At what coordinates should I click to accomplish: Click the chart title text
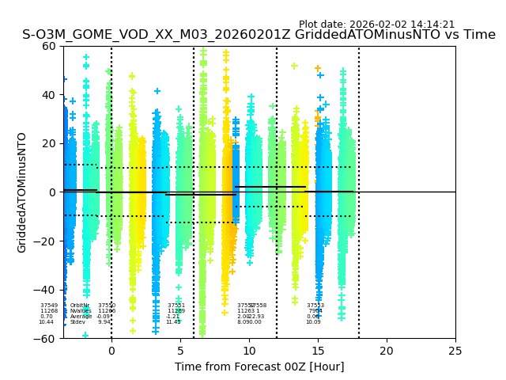[259, 35]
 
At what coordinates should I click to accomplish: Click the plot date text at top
[376, 25]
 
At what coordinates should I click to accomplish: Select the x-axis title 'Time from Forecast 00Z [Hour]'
[259, 367]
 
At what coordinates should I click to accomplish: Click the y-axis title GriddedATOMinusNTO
[22, 192]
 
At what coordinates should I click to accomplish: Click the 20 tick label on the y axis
[49, 143]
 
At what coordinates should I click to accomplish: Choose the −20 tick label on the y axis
[46, 241]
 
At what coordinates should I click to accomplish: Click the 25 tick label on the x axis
[455, 351]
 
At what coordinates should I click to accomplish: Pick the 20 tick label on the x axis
[387, 351]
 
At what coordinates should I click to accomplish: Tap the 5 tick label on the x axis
[180, 351]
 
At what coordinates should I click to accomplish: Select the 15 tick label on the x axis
[318, 351]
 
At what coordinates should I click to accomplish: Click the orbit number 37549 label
[49, 306]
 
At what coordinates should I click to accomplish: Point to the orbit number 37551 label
[176, 306]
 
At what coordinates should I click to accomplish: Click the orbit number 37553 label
[315, 306]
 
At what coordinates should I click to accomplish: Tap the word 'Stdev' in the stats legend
[77, 322]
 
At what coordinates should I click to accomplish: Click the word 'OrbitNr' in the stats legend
[80, 306]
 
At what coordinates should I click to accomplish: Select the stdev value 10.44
[47, 322]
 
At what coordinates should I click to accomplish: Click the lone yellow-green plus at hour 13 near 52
[294, 66]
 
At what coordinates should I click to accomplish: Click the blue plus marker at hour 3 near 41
[157, 91]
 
